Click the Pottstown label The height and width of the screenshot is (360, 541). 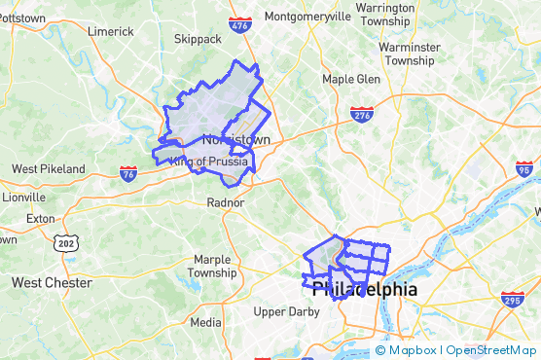pyautogui.click(x=21, y=18)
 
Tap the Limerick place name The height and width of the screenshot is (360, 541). pyautogui.click(x=110, y=31)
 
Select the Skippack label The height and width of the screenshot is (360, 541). pyautogui.click(x=198, y=40)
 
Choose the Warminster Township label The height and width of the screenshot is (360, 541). pyautogui.click(x=407, y=53)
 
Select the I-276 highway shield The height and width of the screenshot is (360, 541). pyautogui.click(x=362, y=114)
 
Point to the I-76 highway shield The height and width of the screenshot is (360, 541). pyautogui.click(x=128, y=172)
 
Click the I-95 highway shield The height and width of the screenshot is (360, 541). pyautogui.click(x=524, y=169)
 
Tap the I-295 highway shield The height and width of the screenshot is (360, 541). pyautogui.click(x=513, y=298)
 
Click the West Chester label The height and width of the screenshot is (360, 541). pyautogui.click(x=52, y=283)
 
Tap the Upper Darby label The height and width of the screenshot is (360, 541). pyautogui.click(x=286, y=312)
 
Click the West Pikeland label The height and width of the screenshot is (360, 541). pyautogui.click(x=48, y=169)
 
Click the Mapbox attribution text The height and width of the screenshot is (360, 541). pyautogui.click(x=414, y=350)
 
